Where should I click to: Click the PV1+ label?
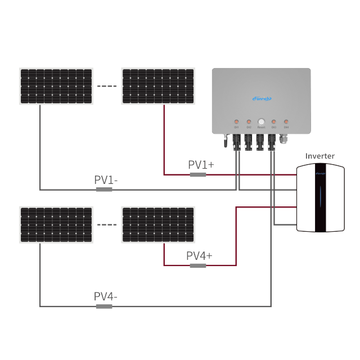(201, 165)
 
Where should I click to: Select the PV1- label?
(106, 180)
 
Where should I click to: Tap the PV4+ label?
(200, 256)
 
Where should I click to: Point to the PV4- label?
(105, 296)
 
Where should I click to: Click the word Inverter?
(319, 156)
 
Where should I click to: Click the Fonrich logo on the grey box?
(262, 99)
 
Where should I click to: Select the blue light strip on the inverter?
(321, 198)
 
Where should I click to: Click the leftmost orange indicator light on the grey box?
(236, 121)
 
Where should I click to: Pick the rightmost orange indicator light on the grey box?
(286, 121)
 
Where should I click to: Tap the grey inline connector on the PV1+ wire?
(197, 175)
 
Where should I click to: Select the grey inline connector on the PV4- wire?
(104, 307)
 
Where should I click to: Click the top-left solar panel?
(56, 86)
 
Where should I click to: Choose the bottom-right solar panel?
(158, 225)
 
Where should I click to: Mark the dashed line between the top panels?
(107, 87)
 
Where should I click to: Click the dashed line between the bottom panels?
(107, 225)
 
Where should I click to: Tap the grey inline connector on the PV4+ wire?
(197, 265)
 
